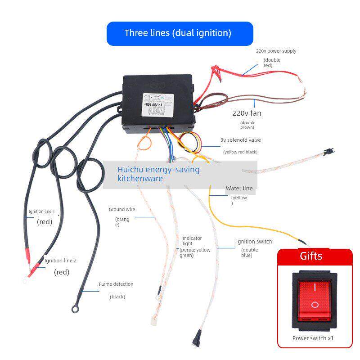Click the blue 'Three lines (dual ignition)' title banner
tap(180, 33)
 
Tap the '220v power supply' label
tap(276, 51)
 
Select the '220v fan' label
tap(246, 113)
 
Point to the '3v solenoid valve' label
tap(240, 140)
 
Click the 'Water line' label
tap(239, 188)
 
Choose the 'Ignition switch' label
tap(254, 242)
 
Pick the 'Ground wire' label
tap(121, 209)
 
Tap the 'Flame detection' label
tap(116, 284)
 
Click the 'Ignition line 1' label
tap(41, 211)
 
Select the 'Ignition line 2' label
tap(60, 261)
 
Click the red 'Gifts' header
tap(311, 256)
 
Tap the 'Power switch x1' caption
tap(313, 338)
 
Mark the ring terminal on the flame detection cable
tap(74, 309)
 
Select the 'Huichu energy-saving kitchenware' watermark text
tap(158, 174)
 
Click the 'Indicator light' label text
tap(192, 241)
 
